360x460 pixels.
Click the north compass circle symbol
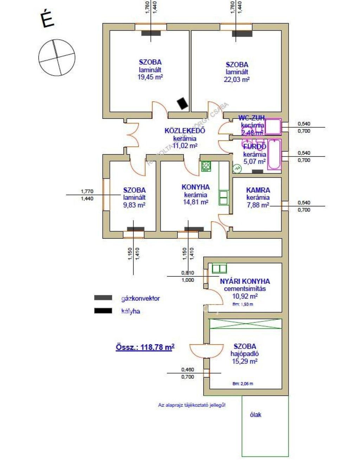point(57,57)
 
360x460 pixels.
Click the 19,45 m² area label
point(150,77)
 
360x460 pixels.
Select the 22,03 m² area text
point(237,79)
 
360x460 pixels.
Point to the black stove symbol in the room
point(182,103)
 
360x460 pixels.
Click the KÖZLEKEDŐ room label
point(185,131)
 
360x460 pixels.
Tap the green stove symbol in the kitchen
point(206,166)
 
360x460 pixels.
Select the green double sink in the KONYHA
point(223,198)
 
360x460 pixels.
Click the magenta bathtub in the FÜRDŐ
point(274,154)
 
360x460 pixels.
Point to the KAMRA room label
point(258,190)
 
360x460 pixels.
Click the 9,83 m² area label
point(134,205)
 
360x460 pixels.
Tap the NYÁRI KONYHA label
point(245,281)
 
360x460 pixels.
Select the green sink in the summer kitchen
point(219,269)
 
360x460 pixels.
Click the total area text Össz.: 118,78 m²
point(145,347)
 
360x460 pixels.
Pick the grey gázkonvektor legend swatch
point(103,298)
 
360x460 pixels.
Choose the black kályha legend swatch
point(103,311)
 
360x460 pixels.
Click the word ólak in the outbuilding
point(256,415)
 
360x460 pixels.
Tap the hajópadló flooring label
point(245,354)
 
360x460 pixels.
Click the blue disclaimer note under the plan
point(192,405)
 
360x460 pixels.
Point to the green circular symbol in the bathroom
point(237,169)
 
